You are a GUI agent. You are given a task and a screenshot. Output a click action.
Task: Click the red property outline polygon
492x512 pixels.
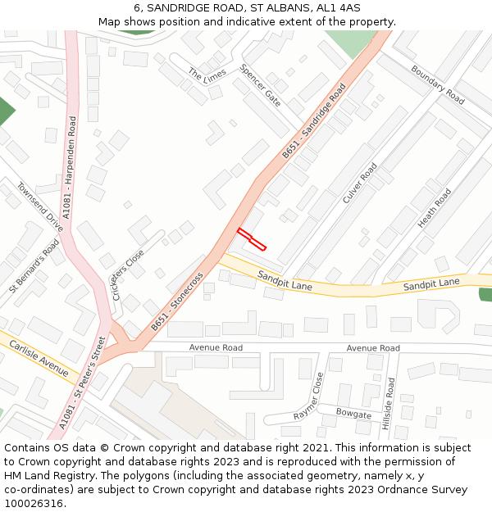point(252,238)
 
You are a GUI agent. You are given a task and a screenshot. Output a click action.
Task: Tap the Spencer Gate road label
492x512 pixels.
point(260,85)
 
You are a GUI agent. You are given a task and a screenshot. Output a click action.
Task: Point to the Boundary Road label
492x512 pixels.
point(438,85)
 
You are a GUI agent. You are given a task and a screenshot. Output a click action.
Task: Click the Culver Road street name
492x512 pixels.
point(360,183)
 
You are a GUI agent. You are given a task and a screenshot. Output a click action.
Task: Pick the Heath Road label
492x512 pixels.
point(435,208)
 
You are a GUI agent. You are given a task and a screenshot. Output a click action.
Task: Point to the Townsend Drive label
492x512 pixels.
point(40,207)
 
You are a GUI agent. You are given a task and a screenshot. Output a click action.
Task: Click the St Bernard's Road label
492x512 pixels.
point(34,266)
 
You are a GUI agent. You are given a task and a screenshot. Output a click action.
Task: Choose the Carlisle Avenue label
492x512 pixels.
point(39,358)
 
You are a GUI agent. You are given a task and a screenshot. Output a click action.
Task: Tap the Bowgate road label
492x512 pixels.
point(353,415)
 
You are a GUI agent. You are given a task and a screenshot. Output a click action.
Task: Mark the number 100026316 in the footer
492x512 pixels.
point(33,504)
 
